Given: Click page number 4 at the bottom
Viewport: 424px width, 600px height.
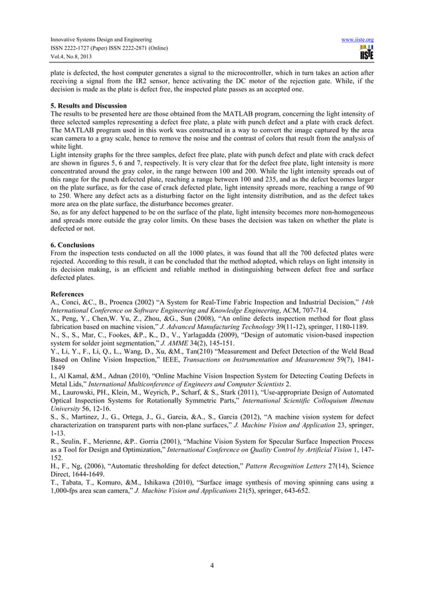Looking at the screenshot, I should point(211,565).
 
